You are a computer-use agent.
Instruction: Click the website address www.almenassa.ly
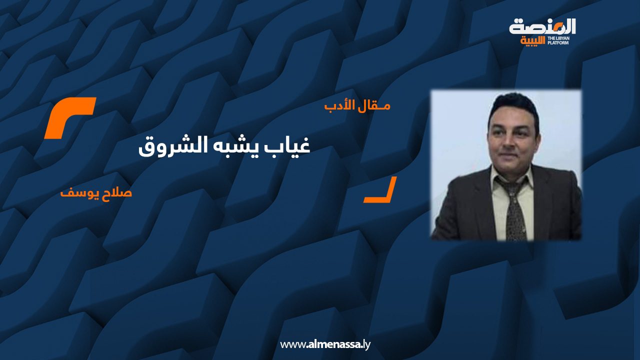click(325, 344)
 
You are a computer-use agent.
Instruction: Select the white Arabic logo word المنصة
click(542, 27)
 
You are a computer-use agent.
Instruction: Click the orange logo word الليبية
click(533, 41)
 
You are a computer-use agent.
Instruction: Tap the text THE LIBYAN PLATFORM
click(558, 40)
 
